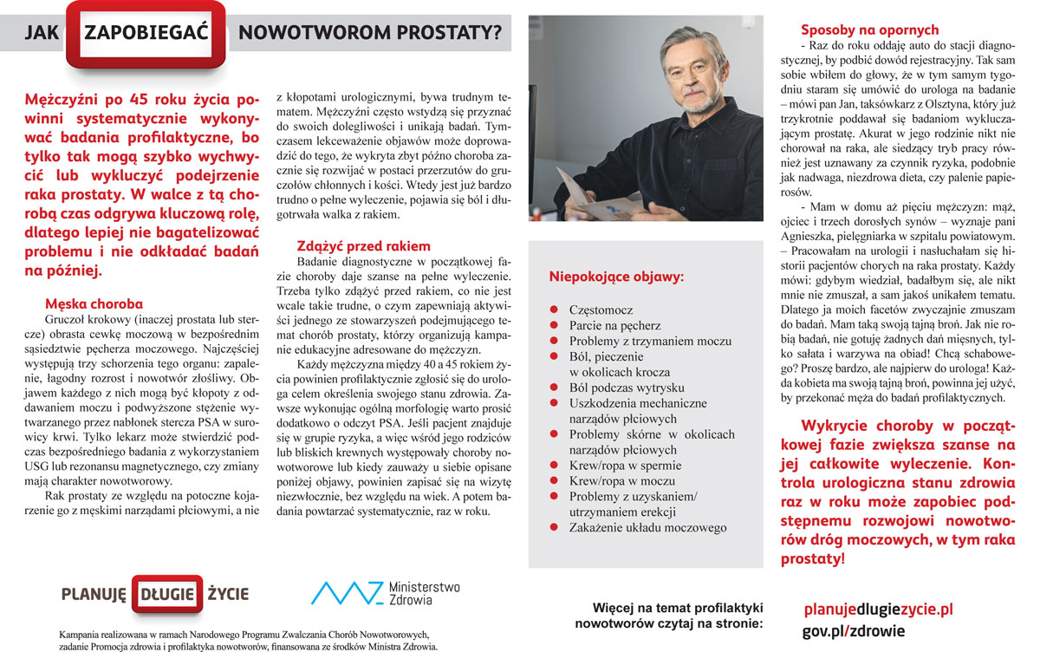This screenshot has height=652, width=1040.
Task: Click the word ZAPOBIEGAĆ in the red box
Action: coord(149,34)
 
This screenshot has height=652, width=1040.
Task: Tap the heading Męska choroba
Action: coord(94,304)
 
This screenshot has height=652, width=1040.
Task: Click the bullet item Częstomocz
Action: coord(601,310)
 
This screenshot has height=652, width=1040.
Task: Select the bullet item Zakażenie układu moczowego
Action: coord(647,527)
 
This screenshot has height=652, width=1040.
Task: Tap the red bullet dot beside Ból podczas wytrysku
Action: coord(552,388)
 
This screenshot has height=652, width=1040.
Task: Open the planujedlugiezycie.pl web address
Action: coord(878,610)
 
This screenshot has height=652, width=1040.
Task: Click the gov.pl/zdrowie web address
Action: coord(853,631)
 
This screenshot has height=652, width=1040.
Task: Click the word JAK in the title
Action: coord(42,34)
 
